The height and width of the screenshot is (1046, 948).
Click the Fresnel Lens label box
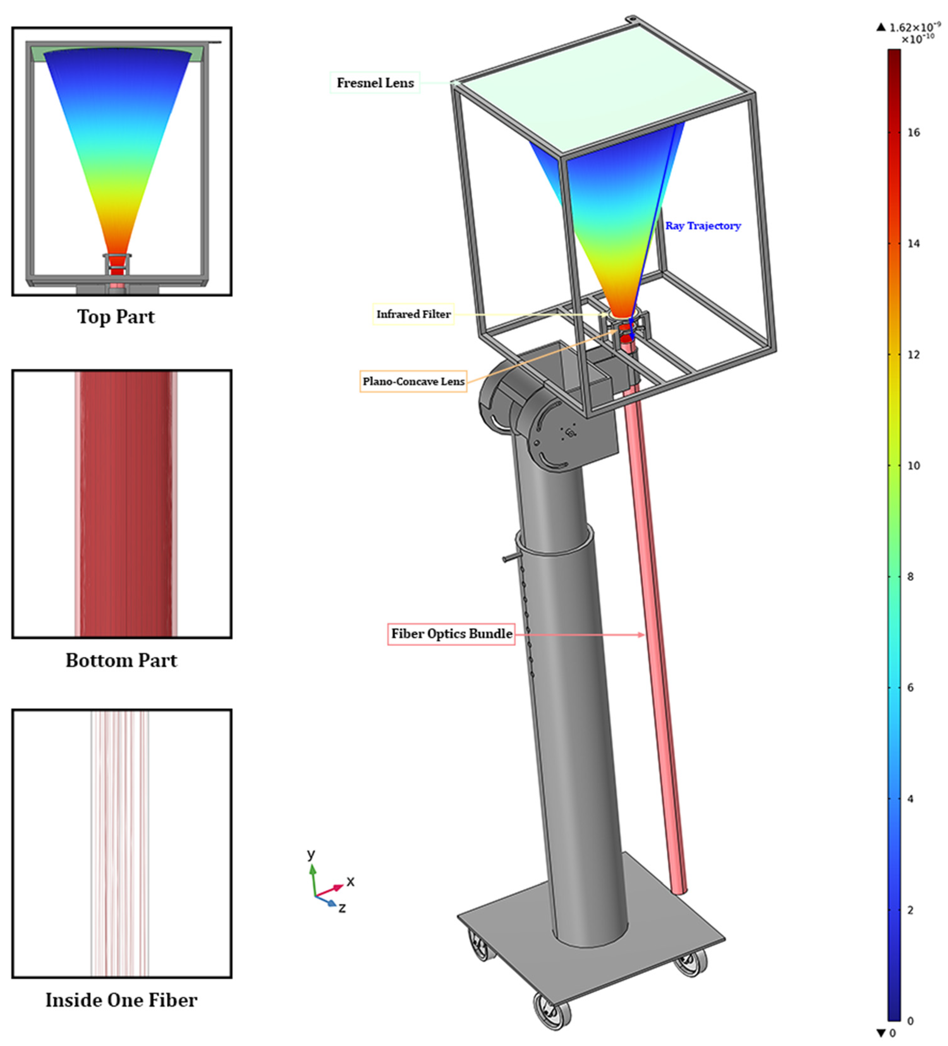tap(375, 82)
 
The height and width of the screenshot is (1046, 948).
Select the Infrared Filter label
tap(413, 314)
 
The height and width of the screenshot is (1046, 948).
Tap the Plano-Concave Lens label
tap(413, 381)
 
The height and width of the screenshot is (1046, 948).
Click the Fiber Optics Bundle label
tap(451, 634)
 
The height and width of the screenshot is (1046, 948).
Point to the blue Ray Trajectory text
tap(703, 226)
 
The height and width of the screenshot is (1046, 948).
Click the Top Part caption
tap(116, 316)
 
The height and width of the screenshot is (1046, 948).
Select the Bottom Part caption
tap(121, 660)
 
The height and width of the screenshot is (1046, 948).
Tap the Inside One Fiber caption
tap(121, 1000)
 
